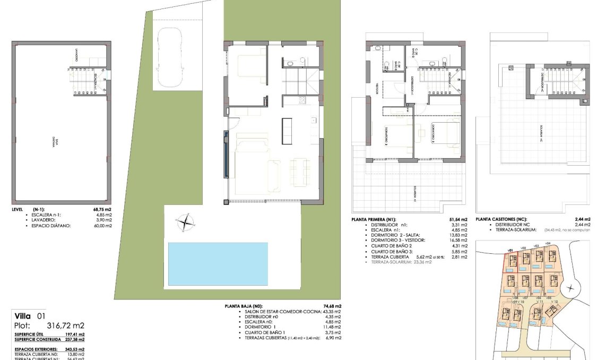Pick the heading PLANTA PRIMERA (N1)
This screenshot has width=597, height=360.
click(374, 219)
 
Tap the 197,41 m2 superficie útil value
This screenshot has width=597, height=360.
click(74, 335)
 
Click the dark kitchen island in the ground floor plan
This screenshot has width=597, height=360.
click(287, 130)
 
